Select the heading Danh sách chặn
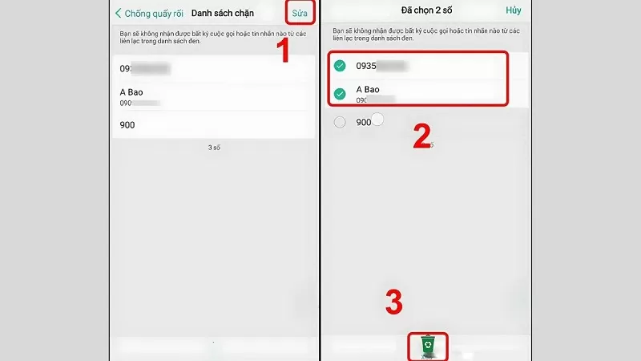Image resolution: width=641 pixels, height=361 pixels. (x=223, y=14)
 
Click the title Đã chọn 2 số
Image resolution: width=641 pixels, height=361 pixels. (x=426, y=11)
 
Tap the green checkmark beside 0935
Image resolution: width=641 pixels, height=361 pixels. (x=340, y=66)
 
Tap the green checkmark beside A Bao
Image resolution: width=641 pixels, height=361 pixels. (x=340, y=94)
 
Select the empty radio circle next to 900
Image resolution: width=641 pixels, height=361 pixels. (x=340, y=122)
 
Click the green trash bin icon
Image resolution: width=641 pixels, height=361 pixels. (x=429, y=345)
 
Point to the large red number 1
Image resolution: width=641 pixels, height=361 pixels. (x=282, y=51)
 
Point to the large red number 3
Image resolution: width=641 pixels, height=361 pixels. (x=393, y=303)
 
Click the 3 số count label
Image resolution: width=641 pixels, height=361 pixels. (x=214, y=148)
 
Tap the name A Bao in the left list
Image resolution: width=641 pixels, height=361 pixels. (x=131, y=92)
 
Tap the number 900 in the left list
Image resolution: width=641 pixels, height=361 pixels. (x=127, y=124)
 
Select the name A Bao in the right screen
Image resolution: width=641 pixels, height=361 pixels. (x=368, y=89)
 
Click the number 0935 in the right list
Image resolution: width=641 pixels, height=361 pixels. (x=366, y=66)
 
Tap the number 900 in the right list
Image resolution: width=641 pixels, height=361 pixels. (x=364, y=122)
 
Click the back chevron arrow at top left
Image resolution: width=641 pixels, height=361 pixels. (x=119, y=14)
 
